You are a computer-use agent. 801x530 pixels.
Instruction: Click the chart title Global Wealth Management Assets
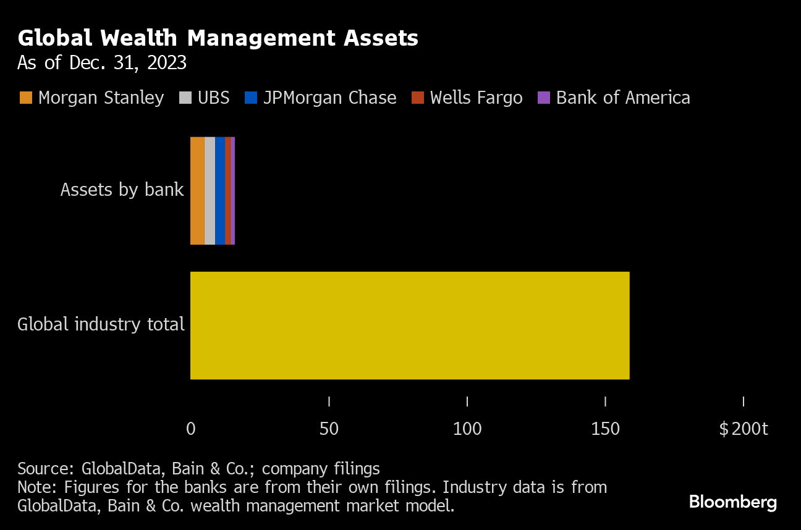pos(218,38)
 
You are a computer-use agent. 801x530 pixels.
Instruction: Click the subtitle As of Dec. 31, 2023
pos(102,63)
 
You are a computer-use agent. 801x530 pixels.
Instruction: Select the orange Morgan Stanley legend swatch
pos(25,98)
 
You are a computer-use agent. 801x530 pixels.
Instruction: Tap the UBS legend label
pos(213,98)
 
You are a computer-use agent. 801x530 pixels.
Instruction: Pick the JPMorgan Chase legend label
pos(329,98)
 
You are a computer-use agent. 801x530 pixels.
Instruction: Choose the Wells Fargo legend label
pos(476,98)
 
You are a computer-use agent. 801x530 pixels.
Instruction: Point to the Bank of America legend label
pos(623,98)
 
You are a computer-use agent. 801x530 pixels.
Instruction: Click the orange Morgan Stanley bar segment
pos(197,190)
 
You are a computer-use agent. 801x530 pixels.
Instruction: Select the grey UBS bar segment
pos(210,190)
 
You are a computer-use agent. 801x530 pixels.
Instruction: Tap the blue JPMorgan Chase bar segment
pos(220,190)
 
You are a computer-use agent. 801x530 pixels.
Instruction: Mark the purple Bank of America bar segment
pos(232,190)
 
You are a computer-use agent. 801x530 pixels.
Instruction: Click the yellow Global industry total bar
pos(409,325)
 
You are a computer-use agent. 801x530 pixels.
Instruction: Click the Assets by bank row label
pos(122,189)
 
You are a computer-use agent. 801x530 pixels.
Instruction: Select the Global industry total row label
pos(101,324)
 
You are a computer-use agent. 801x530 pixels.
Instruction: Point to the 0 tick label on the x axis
pos(191,429)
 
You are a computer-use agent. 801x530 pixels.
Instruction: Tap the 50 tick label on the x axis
pos(329,429)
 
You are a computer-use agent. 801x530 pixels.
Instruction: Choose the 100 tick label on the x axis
pos(467,429)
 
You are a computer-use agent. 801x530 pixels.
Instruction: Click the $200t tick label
pos(743,429)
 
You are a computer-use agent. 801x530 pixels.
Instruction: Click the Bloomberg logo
pos(732,502)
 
